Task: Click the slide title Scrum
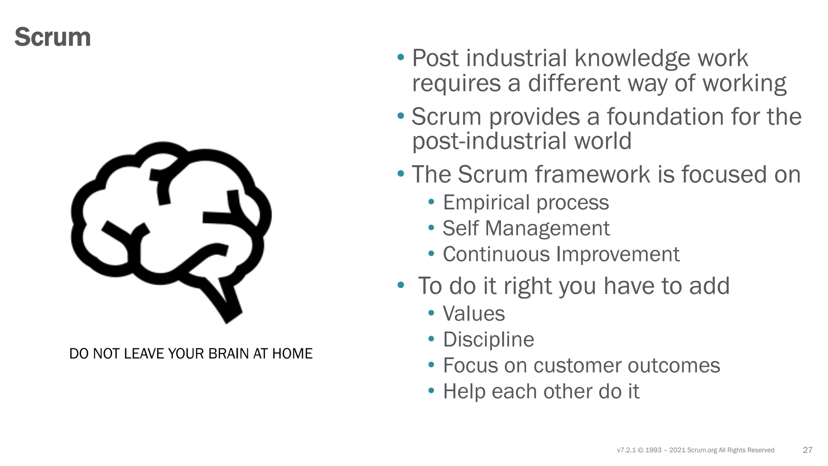[53, 37]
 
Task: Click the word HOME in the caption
[292, 354]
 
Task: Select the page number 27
[807, 450]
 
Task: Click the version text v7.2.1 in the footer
[626, 450]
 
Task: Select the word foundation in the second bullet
[665, 117]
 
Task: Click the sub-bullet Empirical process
[526, 203]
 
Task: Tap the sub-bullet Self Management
[526, 229]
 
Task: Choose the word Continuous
[496, 254]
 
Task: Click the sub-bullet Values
[474, 314]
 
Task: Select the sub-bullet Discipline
[488, 340]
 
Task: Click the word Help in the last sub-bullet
[464, 392]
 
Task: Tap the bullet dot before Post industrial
[401, 57]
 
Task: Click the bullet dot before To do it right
[401, 285]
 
